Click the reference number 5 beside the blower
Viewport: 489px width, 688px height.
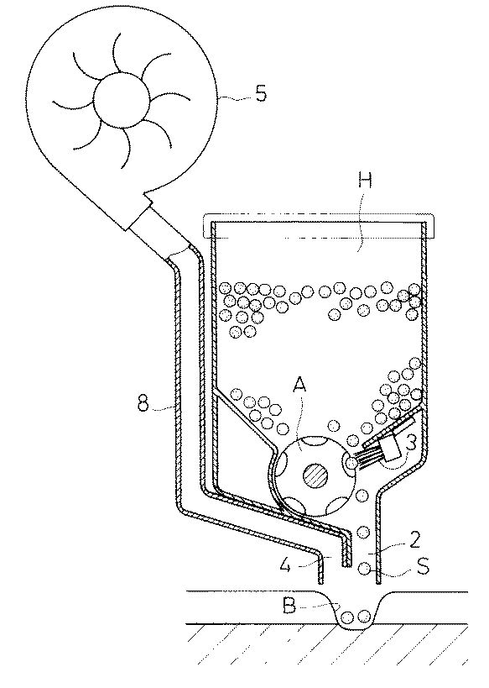pos(261,93)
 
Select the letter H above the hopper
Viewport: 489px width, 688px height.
pos(365,180)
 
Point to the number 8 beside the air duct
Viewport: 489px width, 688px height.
pos(143,402)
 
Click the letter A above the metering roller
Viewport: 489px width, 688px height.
pos(299,385)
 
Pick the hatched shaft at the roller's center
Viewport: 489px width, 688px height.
pos(317,475)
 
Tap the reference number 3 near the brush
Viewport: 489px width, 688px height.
pos(410,444)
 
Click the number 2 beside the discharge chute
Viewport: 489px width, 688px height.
pos(414,540)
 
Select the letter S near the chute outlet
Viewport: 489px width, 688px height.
pos(423,566)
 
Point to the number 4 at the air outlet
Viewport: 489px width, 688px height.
pos(286,565)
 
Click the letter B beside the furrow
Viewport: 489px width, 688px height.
pos(289,607)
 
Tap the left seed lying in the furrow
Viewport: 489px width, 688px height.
pos(347,617)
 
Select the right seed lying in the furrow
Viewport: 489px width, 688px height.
pos(364,617)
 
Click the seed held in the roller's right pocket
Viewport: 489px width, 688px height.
pos(351,463)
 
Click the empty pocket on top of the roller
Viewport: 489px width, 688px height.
pos(316,441)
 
